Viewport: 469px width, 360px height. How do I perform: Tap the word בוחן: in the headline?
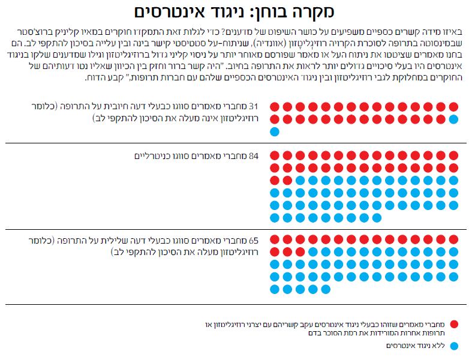(271, 11)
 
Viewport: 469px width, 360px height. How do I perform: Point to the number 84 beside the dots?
(252, 156)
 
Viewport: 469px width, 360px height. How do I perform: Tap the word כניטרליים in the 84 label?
(152, 156)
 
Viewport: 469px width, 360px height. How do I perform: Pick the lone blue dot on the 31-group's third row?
(275, 131)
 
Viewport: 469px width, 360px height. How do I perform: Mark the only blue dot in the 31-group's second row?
(454, 119)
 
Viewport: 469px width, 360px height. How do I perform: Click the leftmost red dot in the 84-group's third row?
(275, 181)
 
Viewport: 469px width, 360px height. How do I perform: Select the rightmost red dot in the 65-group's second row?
(300, 252)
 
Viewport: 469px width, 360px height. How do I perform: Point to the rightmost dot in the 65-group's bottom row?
(326, 289)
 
